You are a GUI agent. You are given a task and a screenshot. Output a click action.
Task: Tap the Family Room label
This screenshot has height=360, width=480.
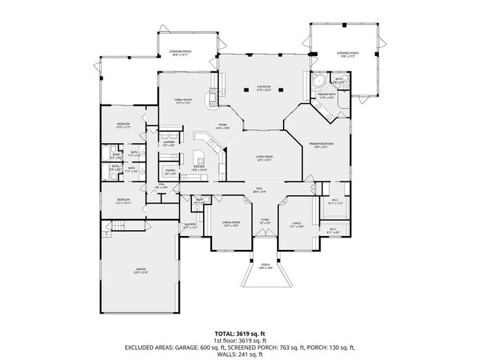[183, 101]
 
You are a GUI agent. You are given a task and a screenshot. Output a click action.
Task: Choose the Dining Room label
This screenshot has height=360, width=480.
[231, 223]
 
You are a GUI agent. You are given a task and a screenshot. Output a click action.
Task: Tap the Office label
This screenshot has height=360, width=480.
[296, 223]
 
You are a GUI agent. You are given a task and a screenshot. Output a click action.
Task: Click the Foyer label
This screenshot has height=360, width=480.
[264, 220]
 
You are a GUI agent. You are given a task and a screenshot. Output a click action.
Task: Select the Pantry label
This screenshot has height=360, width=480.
[170, 171]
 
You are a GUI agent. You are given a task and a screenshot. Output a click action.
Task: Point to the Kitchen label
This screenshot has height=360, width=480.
[199, 167]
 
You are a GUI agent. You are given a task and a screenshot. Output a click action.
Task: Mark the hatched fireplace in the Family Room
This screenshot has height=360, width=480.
[213, 94]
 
